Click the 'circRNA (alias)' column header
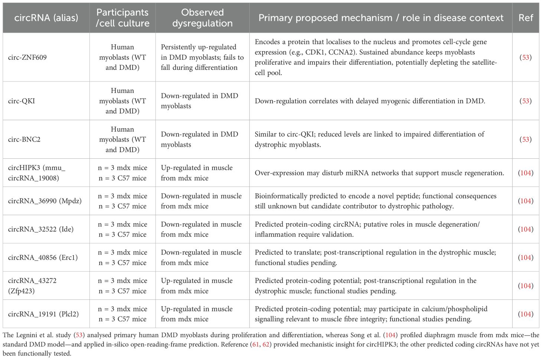click(46, 18)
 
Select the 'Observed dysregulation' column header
click(202, 18)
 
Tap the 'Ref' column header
click(525, 18)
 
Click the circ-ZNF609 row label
click(27, 57)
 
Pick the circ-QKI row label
click(22, 101)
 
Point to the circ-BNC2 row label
click(24, 139)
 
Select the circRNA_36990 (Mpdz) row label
click(45, 201)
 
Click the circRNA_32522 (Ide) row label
click(41, 229)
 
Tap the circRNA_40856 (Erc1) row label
click(43, 257)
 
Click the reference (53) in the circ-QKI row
click(526, 101)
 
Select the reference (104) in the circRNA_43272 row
click(526, 286)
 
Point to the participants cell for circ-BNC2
click(123, 139)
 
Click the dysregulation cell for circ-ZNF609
click(202, 57)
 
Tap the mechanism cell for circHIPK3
click(379, 173)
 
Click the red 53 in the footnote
click(79, 335)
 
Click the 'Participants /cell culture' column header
click(123, 18)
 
